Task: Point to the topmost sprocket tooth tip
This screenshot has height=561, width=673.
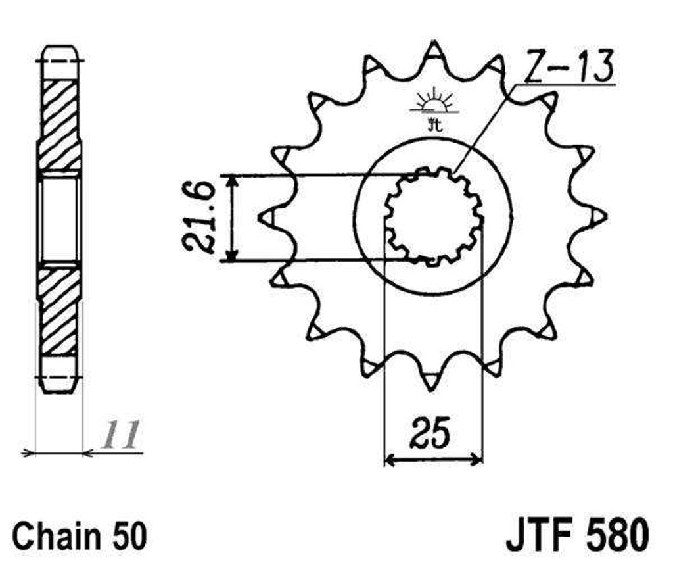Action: tap(435, 41)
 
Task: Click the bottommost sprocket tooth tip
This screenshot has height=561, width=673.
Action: tap(430, 391)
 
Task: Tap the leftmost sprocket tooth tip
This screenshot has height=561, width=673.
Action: tap(259, 217)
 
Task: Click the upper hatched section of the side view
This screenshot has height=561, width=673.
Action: tap(60, 124)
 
